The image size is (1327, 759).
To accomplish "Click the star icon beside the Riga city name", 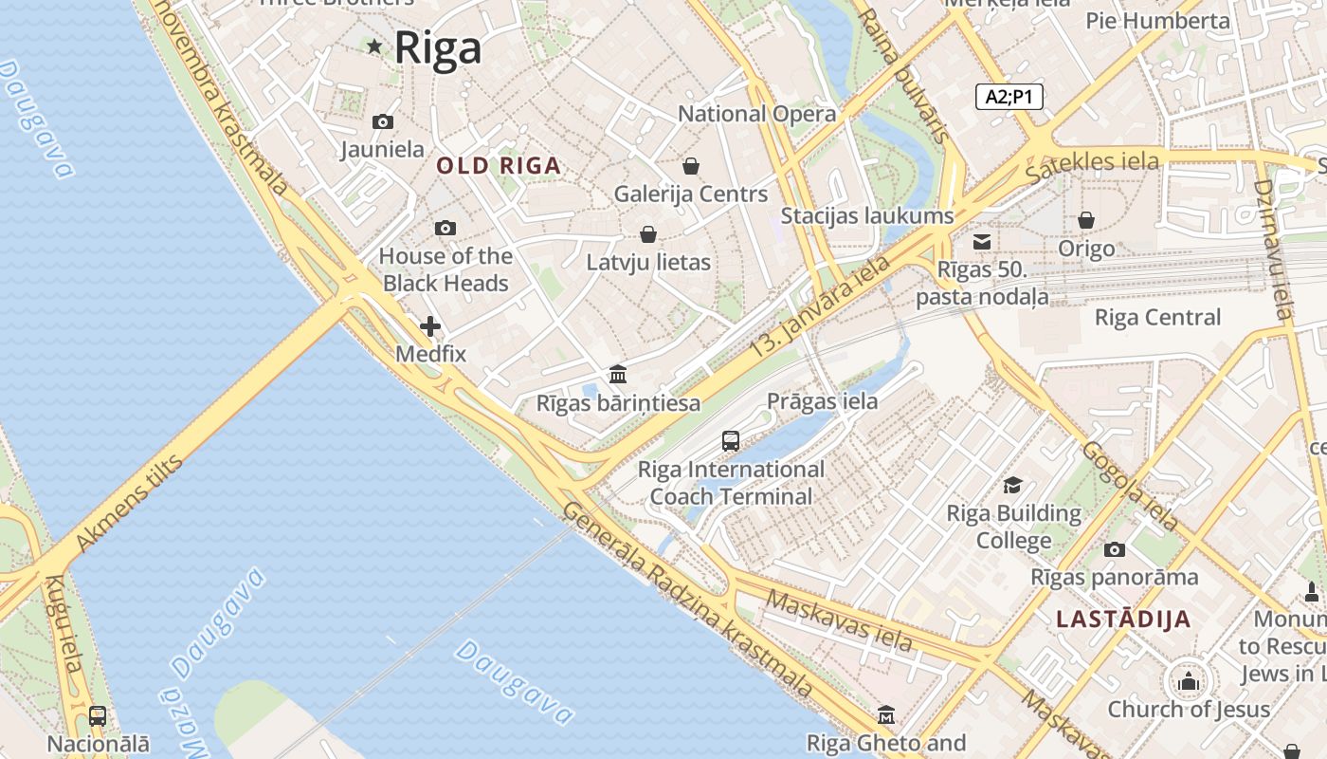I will click(x=374, y=46).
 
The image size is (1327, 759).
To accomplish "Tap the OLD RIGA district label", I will click(x=499, y=166).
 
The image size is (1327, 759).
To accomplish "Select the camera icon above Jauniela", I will click(x=383, y=121).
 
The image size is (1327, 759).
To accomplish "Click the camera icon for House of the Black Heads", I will click(x=445, y=228).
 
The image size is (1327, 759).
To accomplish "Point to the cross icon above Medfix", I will click(x=430, y=326).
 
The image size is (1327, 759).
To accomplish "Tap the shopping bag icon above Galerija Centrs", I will click(x=691, y=166).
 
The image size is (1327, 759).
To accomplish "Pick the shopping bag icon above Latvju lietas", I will click(x=648, y=233).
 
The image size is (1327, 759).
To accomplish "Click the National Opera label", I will click(x=756, y=114).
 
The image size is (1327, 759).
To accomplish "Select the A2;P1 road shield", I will click(x=1009, y=96).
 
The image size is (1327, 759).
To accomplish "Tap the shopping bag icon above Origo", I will click(x=1086, y=220).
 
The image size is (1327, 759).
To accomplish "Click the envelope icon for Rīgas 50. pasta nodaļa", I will click(x=982, y=242).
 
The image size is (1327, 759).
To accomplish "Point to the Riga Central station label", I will click(x=1157, y=317).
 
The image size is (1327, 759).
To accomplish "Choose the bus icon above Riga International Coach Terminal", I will click(x=730, y=440).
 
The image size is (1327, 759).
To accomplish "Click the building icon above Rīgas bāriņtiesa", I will click(x=618, y=374).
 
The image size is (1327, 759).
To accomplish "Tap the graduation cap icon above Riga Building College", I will click(x=1013, y=485).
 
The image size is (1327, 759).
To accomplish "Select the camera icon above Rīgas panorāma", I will click(x=1115, y=549).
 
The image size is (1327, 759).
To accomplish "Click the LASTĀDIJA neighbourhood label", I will click(x=1123, y=620).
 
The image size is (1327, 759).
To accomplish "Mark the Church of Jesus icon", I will click(x=1188, y=681).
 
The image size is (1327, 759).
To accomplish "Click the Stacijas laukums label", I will click(x=866, y=215).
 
